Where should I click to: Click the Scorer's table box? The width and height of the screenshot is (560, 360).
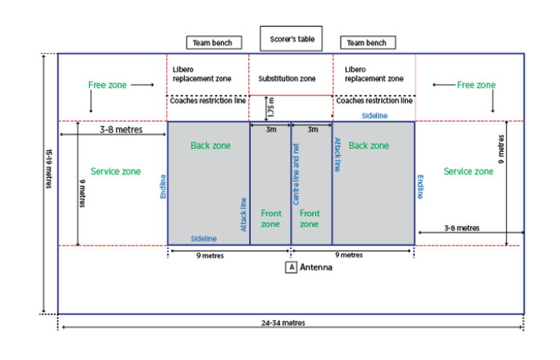(x=292, y=38)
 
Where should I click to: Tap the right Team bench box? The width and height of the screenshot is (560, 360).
(x=367, y=43)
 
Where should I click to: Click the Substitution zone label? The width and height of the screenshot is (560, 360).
(x=287, y=79)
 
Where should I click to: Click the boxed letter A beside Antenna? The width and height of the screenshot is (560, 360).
(x=290, y=266)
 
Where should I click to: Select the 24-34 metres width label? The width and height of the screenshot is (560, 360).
(x=283, y=323)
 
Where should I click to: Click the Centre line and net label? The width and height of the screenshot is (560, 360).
(x=296, y=175)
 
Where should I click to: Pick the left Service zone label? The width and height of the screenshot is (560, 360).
(x=115, y=171)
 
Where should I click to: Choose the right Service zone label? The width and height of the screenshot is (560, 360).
(x=468, y=171)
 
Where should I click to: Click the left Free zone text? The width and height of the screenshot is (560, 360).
(x=107, y=85)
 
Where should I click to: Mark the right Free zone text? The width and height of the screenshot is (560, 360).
(x=476, y=85)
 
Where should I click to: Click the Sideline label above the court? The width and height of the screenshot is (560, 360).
(x=374, y=116)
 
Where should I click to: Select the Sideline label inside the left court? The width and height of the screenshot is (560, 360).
(x=203, y=238)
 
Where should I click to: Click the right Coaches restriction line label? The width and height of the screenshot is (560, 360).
(x=373, y=100)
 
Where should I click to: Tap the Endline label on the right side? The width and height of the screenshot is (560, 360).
(x=420, y=186)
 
